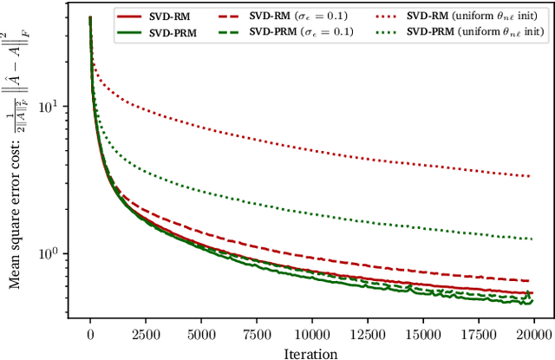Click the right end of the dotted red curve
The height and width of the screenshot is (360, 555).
(531, 176)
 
